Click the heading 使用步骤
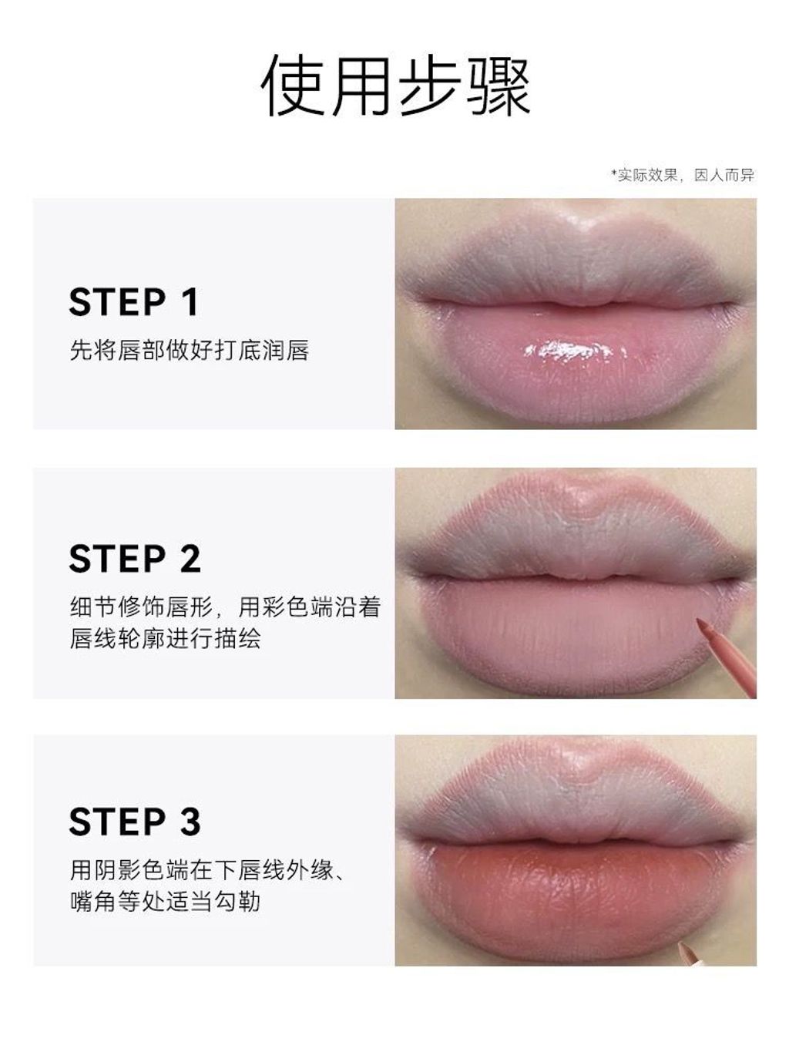pos(396,85)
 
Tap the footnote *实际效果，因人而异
pos(682,175)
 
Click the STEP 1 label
pos(133,301)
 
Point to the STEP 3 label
pos(135,822)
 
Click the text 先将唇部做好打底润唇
pos(190,350)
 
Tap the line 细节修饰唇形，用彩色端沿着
pos(225,607)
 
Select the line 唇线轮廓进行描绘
pos(165,638)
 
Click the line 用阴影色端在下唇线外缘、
pos(207,870)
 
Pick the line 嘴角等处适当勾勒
pos(165,902)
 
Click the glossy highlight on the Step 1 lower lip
pos(572,350)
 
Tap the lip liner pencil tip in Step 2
pos(700,622)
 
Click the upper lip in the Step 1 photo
pos(577,268)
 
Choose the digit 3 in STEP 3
pos(190,822)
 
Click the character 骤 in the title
pos(499,85)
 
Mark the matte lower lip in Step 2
pos(570,633)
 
